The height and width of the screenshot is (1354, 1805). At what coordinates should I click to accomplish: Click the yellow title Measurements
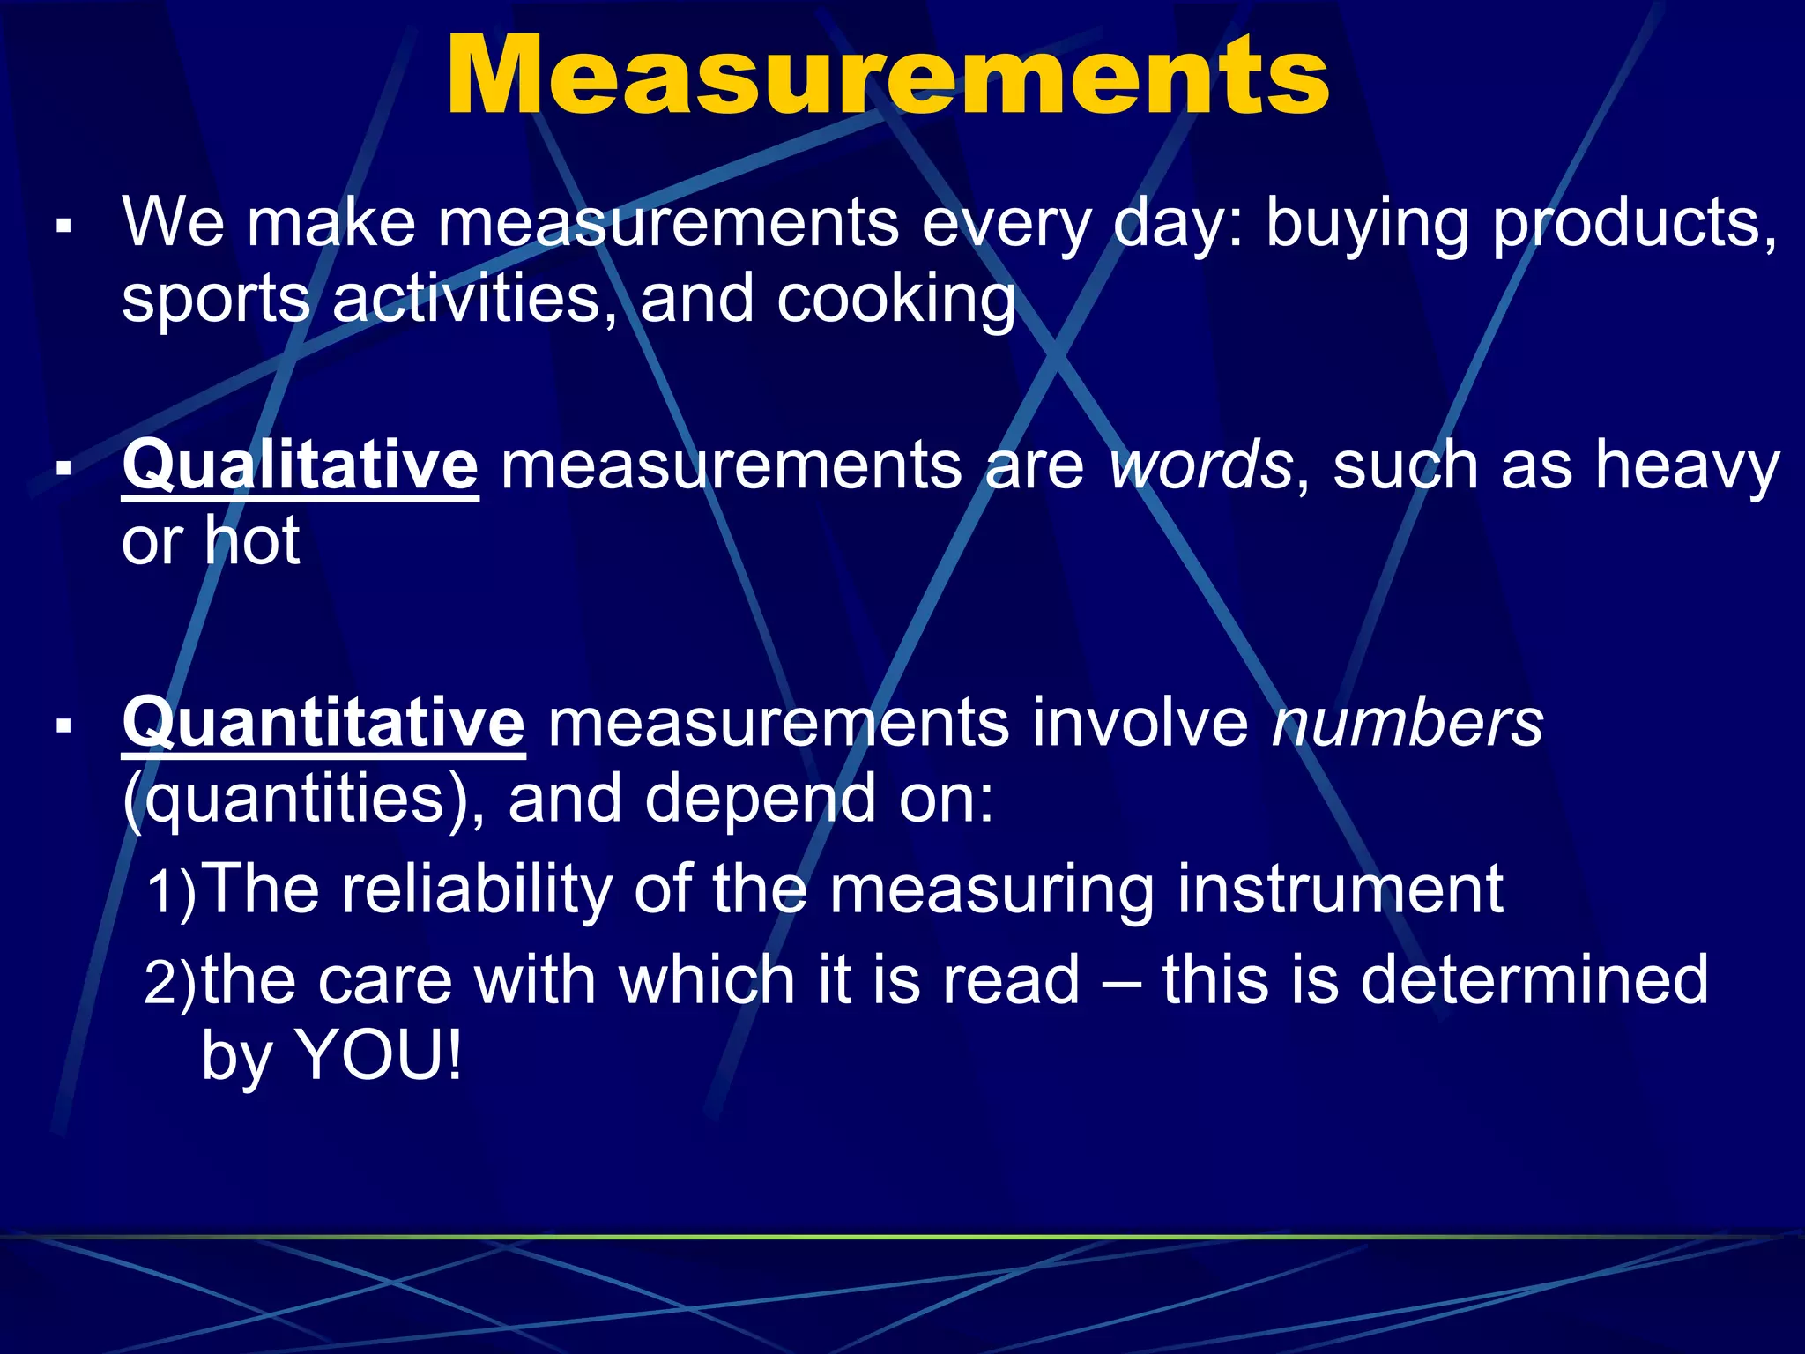click(x=888, y=78)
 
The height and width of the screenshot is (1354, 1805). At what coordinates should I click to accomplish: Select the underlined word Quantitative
click(x=323, y=723)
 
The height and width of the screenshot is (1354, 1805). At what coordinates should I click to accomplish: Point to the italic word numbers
click(x=1408, y=723)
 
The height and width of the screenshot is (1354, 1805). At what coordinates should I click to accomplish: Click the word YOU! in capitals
click(x=378, y=1055)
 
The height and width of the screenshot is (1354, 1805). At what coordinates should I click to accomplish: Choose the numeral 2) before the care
click(x=171, y=981)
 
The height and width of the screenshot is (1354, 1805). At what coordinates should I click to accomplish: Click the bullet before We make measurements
click(x=63, y=227)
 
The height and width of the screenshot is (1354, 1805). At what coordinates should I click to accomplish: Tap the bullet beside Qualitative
click(x=63, y=468)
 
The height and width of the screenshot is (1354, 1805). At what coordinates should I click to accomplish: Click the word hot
click(x=253, y=539)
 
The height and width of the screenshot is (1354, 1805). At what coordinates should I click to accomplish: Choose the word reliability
click(x=477, y=890)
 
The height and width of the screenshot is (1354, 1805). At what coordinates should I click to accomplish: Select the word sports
click(x=216, y=300)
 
